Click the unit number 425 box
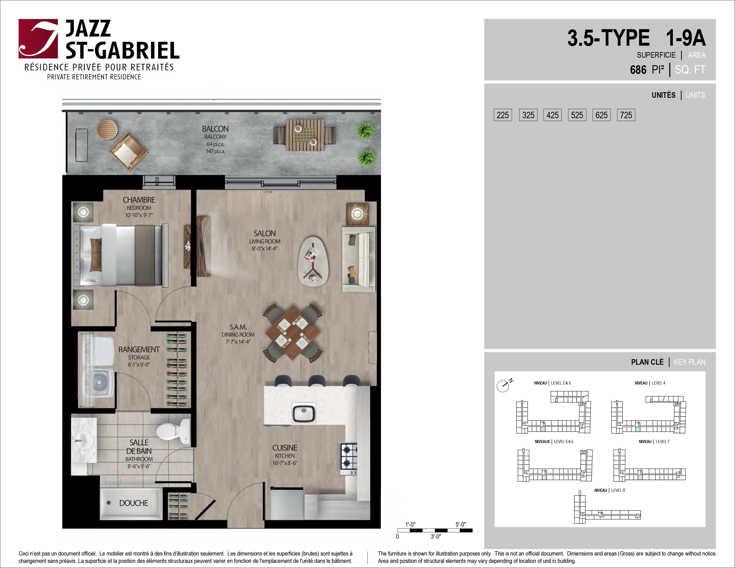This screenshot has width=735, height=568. [552, 115]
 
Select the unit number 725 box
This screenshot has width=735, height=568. [626, 115]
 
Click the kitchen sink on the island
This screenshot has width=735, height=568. [303, 412]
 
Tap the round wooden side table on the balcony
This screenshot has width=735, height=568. [108, 130]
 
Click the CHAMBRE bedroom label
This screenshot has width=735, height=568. [139, 200]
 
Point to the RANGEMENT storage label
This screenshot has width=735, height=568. [139, 350]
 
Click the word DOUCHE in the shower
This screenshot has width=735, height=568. [134, 503]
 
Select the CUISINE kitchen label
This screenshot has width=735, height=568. [285, 448]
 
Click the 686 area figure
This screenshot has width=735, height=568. [638, 70]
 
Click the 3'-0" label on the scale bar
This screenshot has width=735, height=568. [436, 536]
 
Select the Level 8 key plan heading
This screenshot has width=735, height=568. [609, 490]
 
